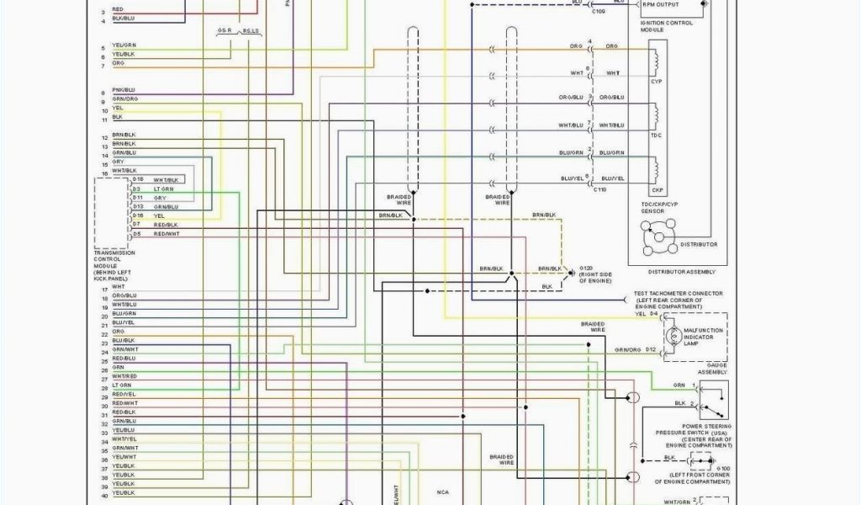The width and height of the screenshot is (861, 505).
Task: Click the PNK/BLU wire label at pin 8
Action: tap(123, 90)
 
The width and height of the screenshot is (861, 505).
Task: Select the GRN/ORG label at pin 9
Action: tap(124, 99)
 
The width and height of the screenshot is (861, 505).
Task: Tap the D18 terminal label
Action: tap(137, 179)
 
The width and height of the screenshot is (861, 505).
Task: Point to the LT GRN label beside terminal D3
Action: tap(163, 189)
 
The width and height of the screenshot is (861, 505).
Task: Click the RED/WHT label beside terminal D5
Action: tap(166, 233)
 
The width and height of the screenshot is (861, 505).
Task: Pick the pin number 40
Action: tap(104, 495)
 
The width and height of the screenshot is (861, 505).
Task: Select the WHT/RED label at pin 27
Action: tap(124, 375)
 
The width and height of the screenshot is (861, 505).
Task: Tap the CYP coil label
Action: tap(656, 82)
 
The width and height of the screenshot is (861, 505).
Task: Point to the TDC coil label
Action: tap(656, 135)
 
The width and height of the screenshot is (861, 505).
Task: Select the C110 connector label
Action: tap(600, 189)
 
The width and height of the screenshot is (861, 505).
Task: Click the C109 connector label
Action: tap(598, 12)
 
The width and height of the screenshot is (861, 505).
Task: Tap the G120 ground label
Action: tap(575, 268)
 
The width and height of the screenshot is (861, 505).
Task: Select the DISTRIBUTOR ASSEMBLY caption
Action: tap(681, 272)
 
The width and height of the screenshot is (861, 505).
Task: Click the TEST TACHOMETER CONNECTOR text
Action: tap(679, 293)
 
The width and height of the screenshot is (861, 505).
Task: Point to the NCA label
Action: tap(442, 492)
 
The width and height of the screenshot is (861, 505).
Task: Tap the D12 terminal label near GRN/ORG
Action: tap(651, 348)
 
